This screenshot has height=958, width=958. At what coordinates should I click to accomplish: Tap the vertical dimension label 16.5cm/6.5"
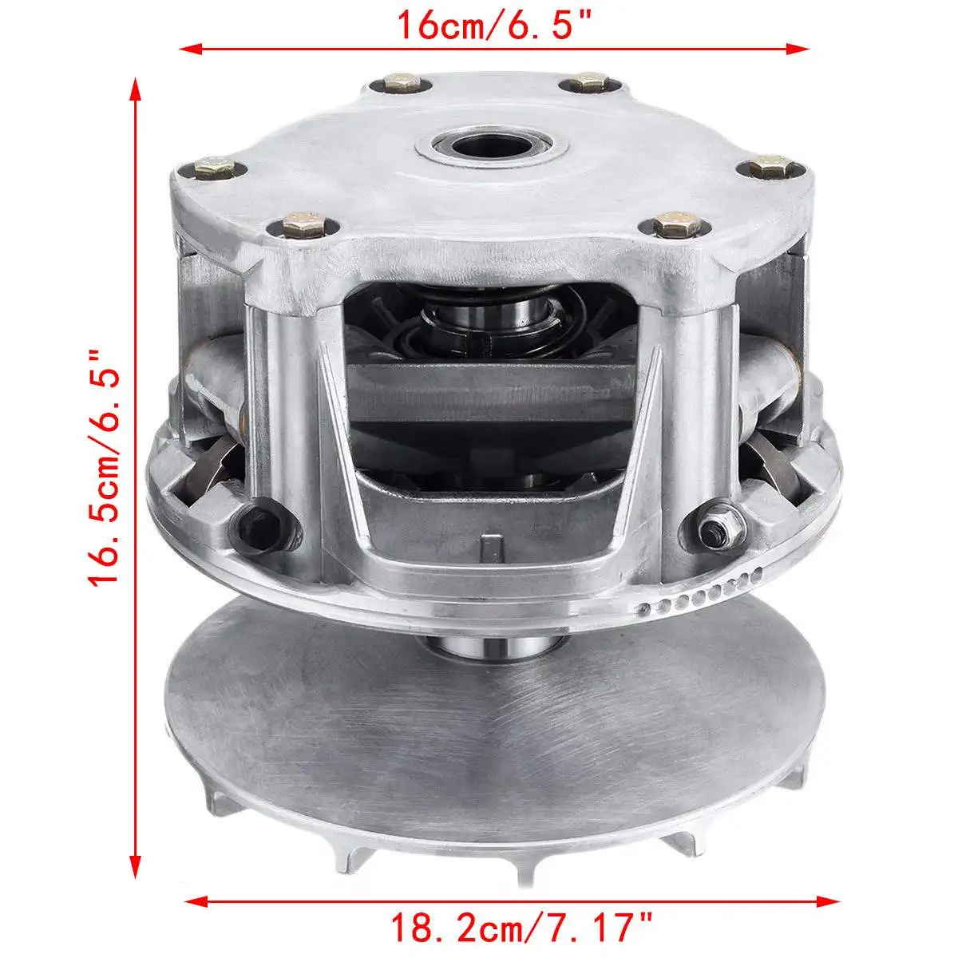tap(105, 468)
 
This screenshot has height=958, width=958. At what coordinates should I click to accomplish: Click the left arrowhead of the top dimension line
tap(191, 49)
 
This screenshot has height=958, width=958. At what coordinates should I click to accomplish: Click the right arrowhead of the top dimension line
tap(798, 49)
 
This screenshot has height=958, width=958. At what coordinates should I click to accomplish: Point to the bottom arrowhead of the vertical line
tap(135, 865)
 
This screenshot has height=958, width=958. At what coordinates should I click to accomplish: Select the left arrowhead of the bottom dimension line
tap(196, 886)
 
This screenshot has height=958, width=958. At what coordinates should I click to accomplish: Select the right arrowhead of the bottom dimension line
tap(828, 886)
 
